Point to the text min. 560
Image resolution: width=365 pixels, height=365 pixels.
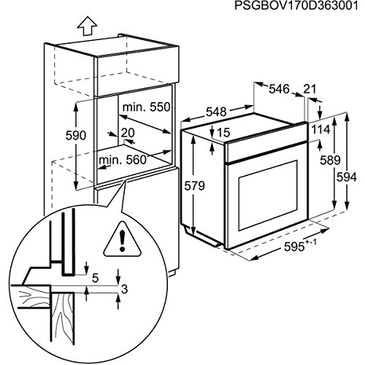point(121,160)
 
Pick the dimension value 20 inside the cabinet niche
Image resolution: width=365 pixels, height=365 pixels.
point(128,133)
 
